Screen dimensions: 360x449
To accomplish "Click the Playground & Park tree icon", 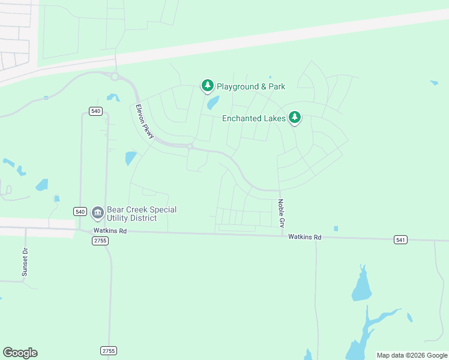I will click(208, 86).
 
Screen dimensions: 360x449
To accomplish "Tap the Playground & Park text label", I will click(251, 86).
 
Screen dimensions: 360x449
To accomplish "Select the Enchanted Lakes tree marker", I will click(294, 118).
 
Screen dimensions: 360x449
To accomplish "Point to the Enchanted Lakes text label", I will click(254, 118).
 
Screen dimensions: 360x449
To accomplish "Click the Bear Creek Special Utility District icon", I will click(97, 212).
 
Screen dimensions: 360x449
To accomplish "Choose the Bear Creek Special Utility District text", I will click(142, 214).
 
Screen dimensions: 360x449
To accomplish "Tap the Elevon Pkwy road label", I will click(145, 122).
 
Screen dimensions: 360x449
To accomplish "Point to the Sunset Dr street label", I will click(25, 261).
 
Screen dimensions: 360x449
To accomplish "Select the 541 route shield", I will click(401, 240).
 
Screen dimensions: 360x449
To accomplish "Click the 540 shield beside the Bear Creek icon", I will click(80, 211).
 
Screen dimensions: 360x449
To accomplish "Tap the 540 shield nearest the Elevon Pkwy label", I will click(95, 110).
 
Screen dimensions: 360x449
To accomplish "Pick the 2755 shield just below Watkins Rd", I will click(100, 241).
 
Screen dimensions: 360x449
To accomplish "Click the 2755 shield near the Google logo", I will click(108, 350).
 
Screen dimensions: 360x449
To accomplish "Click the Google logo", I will click(20, 353).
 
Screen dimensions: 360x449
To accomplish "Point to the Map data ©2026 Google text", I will click(411, 355).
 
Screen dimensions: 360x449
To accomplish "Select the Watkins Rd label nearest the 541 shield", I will click(304, 238).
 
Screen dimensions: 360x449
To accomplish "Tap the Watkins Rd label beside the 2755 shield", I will click(110, 230).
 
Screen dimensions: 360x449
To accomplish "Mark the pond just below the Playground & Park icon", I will click(212, 103).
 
